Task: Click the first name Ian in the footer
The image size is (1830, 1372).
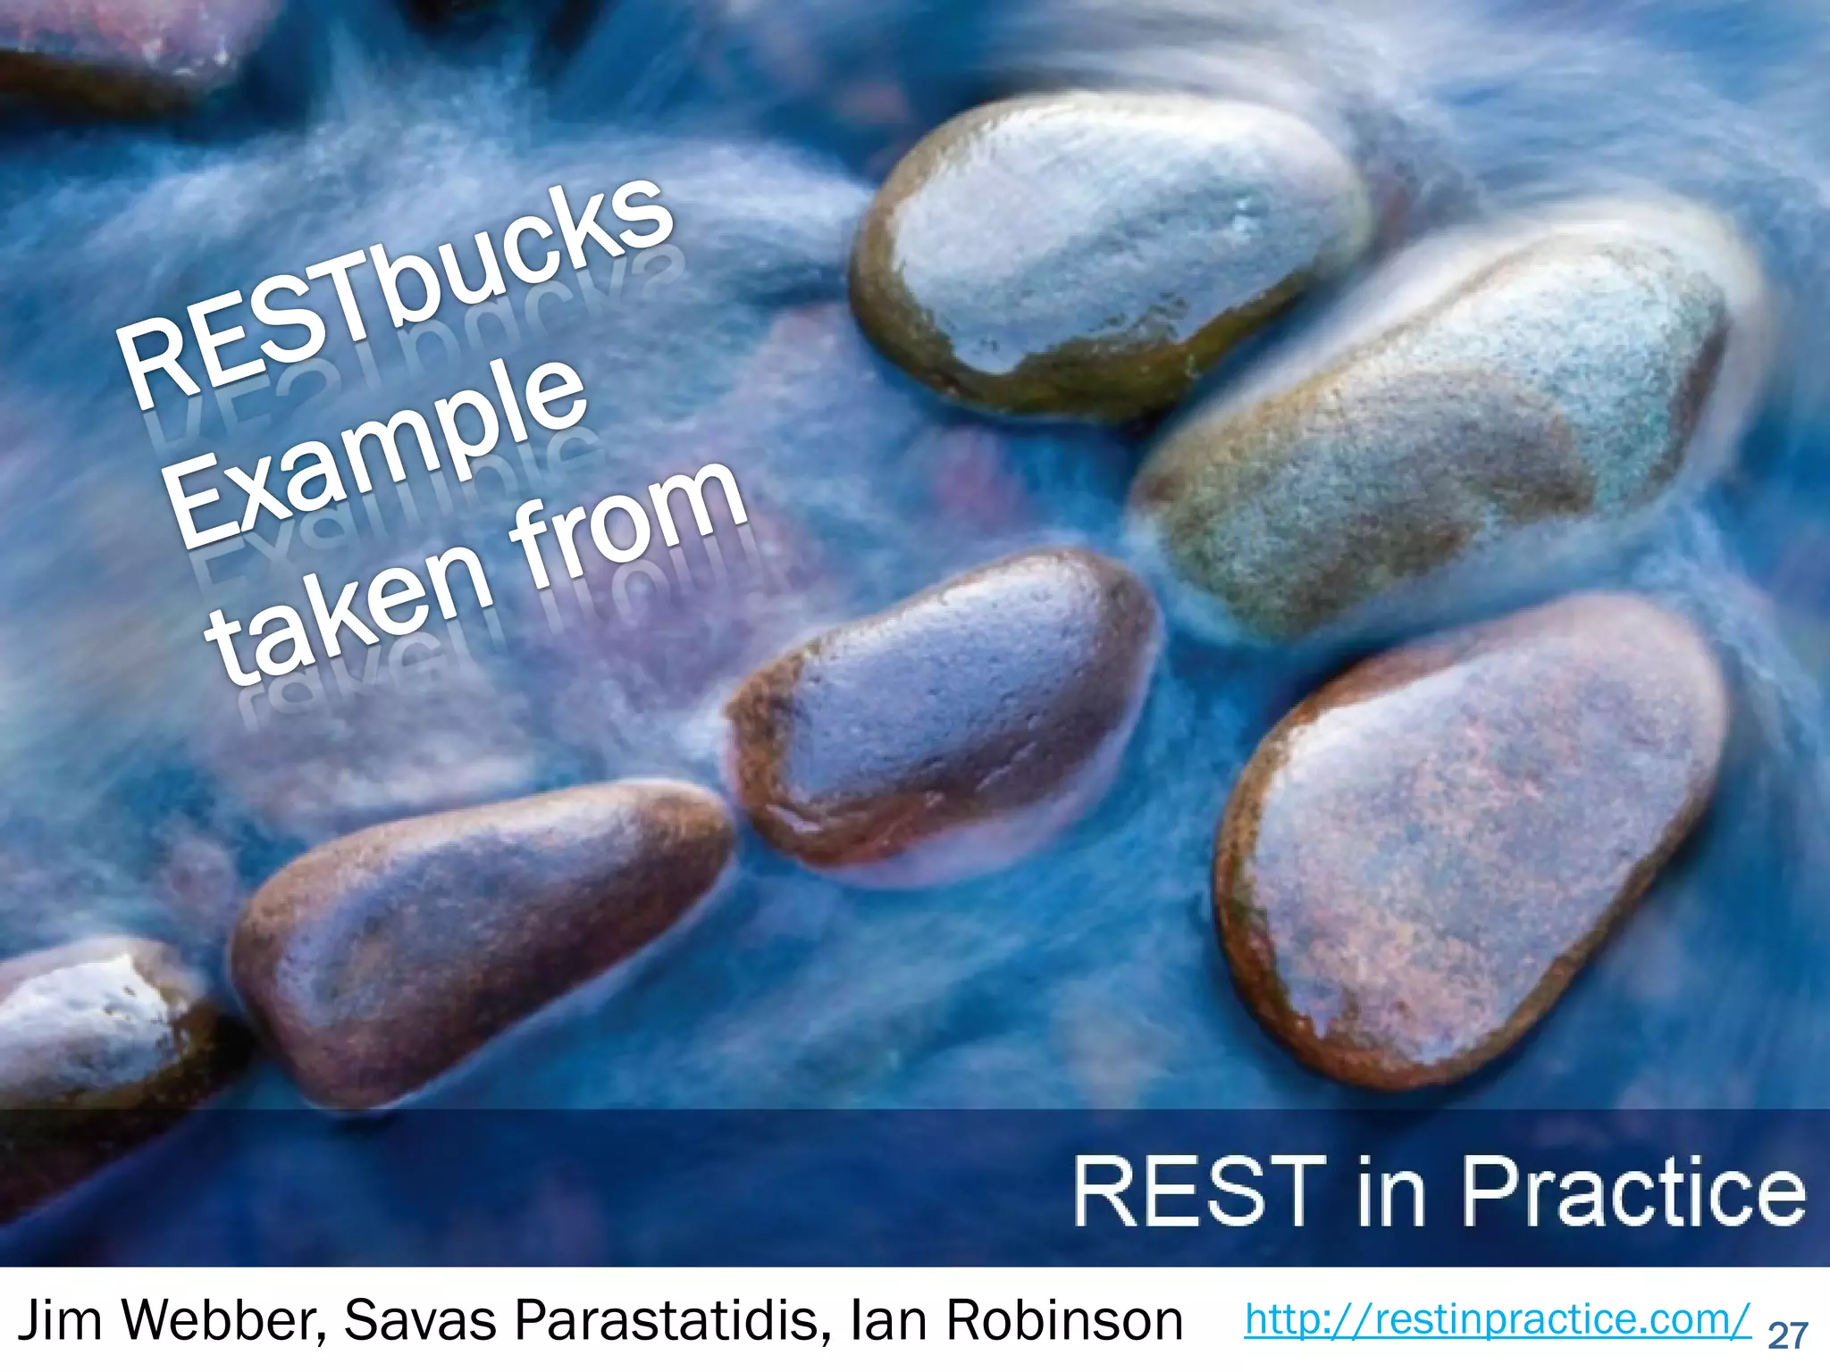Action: tap(894, 1320)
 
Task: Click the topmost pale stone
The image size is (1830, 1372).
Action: tap(1108, 250)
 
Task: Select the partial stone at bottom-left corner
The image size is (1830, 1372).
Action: tap(89, 1027)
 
